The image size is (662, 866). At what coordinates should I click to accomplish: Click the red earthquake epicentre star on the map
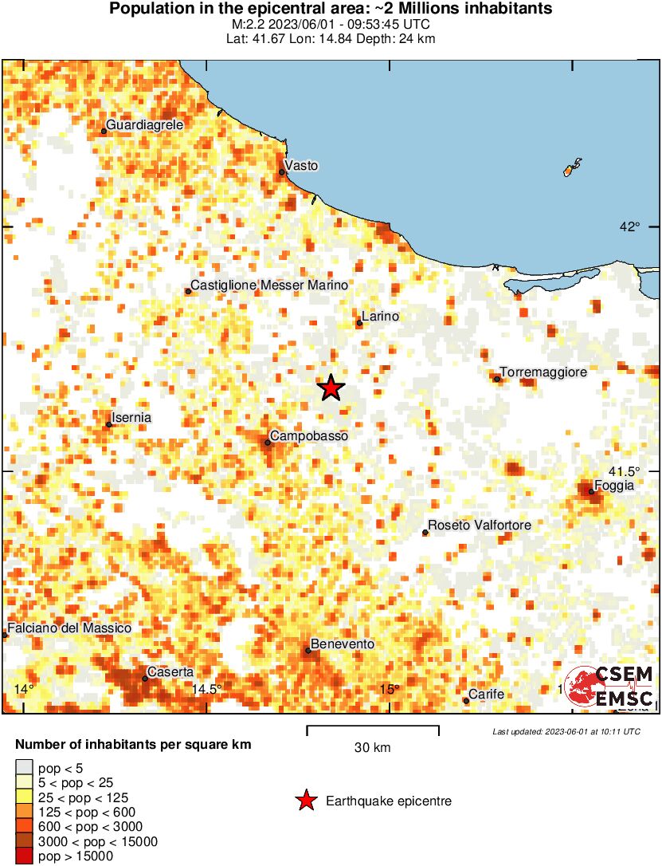(x=331, y=388)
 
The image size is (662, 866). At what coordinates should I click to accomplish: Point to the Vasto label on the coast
(x=301, y=166)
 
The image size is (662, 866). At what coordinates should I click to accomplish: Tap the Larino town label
(x=379, y=317)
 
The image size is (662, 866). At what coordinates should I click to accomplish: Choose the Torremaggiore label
(x=543, y=372)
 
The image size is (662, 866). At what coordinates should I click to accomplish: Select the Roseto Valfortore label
(x=480, y=526)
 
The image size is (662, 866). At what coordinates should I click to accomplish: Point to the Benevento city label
(x=343, y=644)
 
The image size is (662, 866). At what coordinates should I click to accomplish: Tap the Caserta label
(x=171, y=672)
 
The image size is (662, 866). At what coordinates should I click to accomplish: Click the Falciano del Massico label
(x=69, y=628)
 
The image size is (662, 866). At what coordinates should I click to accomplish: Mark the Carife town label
(x=486, y=695)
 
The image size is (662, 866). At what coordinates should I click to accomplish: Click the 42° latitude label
(x=630, y=226)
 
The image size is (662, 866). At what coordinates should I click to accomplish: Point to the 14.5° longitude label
(x=206, y=689)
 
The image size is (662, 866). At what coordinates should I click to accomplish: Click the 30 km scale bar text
(x=372, y=748)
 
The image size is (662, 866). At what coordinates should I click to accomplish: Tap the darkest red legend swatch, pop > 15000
(x=24, y=856)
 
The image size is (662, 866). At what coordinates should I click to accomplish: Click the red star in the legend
(x=305, y=801)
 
